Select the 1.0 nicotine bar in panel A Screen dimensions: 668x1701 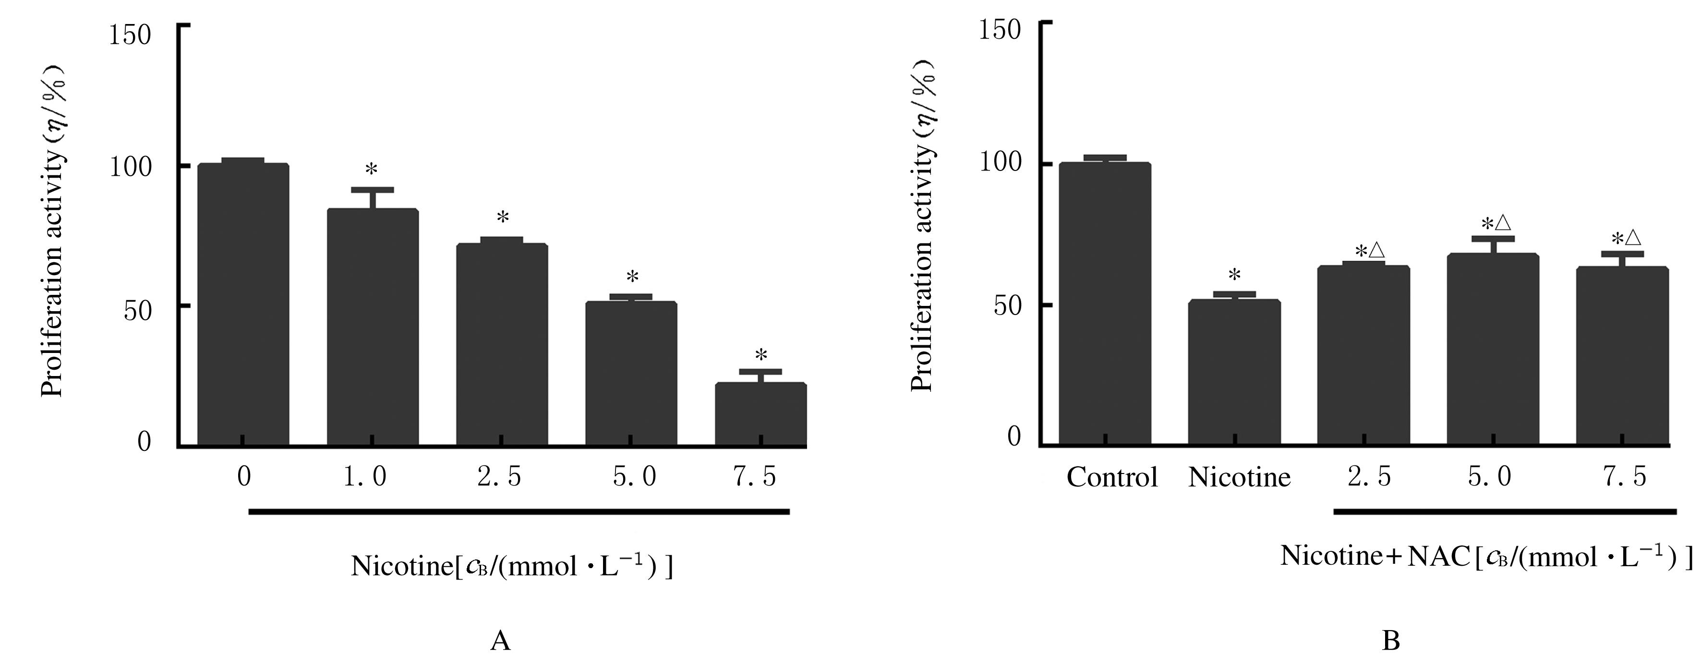[373, 327]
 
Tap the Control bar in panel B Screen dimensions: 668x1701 [1105, 304]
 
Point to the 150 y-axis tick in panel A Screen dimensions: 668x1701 [130, 35]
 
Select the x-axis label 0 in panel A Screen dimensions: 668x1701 [244, 476]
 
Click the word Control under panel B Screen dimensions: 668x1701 [1112, 477]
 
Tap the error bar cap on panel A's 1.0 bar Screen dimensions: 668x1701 [373, 190]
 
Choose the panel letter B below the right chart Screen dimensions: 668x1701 [1391, 640]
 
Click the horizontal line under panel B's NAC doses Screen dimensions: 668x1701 [1505, 511]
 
